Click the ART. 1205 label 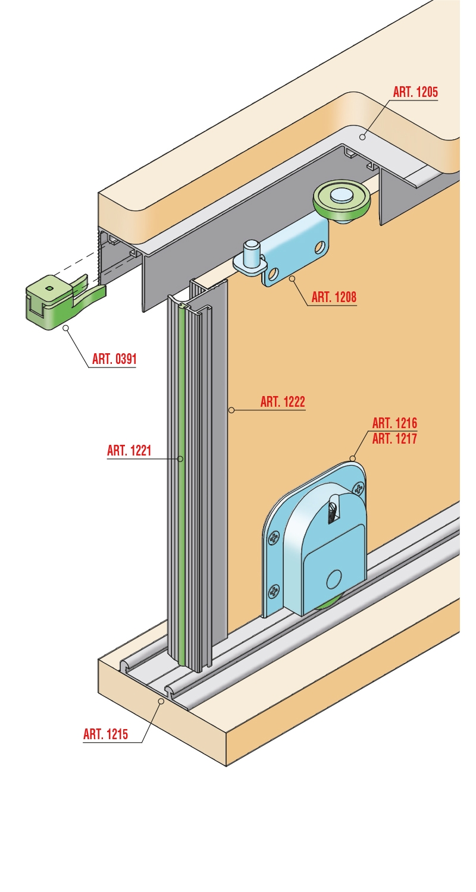point(415,92)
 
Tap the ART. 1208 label point(334,297)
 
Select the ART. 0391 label point(114,359)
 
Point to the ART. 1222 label point(283,402)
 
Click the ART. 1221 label point(129,451)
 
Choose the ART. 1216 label point(394,423)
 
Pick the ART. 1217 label point(394,439)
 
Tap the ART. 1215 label point(105,734)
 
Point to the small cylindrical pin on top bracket point(252,253)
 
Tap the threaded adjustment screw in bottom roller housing point(332,511)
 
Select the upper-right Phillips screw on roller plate point(359,488)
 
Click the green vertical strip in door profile point(181,486)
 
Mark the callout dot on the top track point(362,137)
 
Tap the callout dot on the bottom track point(161,700)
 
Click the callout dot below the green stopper point(66,328)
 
